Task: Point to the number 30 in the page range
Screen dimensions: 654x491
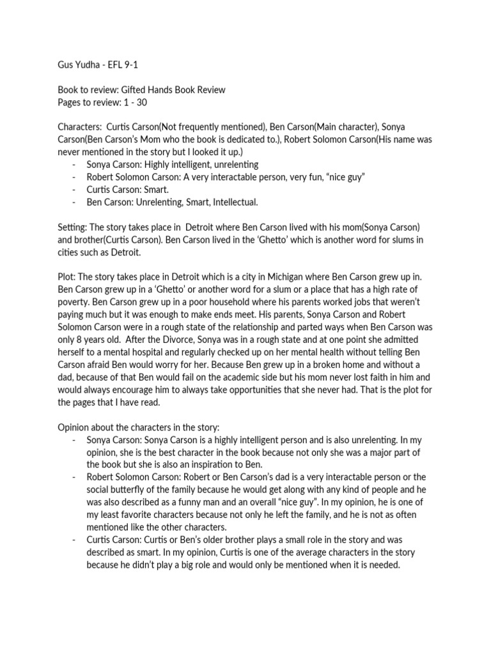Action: (147, 103)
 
